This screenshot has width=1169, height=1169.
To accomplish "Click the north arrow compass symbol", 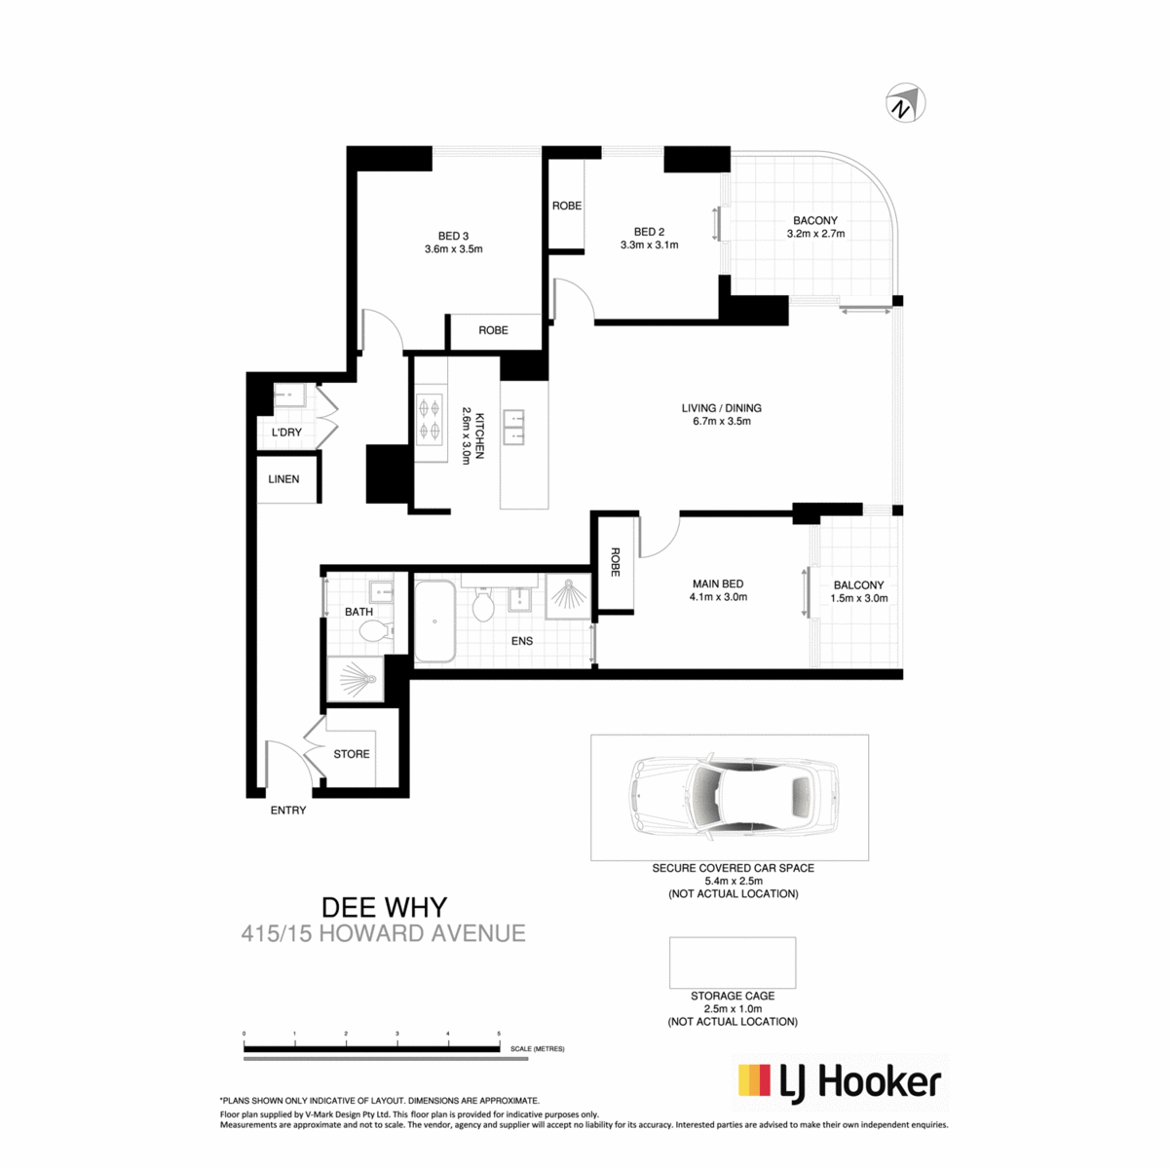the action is tap(904, 102).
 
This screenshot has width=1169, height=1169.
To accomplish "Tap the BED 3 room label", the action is tap(453, 236).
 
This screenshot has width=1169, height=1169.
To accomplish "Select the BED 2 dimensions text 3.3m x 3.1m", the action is tap(649, 245).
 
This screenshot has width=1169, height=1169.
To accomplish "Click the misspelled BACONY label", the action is tap(814, 220).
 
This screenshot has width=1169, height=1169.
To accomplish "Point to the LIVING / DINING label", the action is tap(721, 408).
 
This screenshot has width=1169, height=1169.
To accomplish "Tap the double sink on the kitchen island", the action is tap(513, 427).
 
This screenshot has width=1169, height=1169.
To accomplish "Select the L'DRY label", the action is tap(286, 433).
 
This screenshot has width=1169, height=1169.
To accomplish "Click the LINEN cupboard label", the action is tap(283, 479).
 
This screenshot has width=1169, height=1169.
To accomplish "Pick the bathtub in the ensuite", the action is tap(434, 622).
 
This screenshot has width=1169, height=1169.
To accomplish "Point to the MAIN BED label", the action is tap(718, 584).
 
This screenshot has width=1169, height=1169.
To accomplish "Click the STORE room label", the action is tap(352, 754).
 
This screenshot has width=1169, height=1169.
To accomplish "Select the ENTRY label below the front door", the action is tap(288, 810).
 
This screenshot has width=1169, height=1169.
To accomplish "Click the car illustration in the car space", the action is tap(735, 797).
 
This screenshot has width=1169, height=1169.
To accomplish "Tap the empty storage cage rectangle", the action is tap(733, 962).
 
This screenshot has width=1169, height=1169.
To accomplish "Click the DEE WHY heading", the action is tap(384, 908).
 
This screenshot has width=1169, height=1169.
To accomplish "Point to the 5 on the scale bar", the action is tap(499, 1034).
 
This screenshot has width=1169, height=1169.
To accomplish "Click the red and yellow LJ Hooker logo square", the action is tap(754, 1079).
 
